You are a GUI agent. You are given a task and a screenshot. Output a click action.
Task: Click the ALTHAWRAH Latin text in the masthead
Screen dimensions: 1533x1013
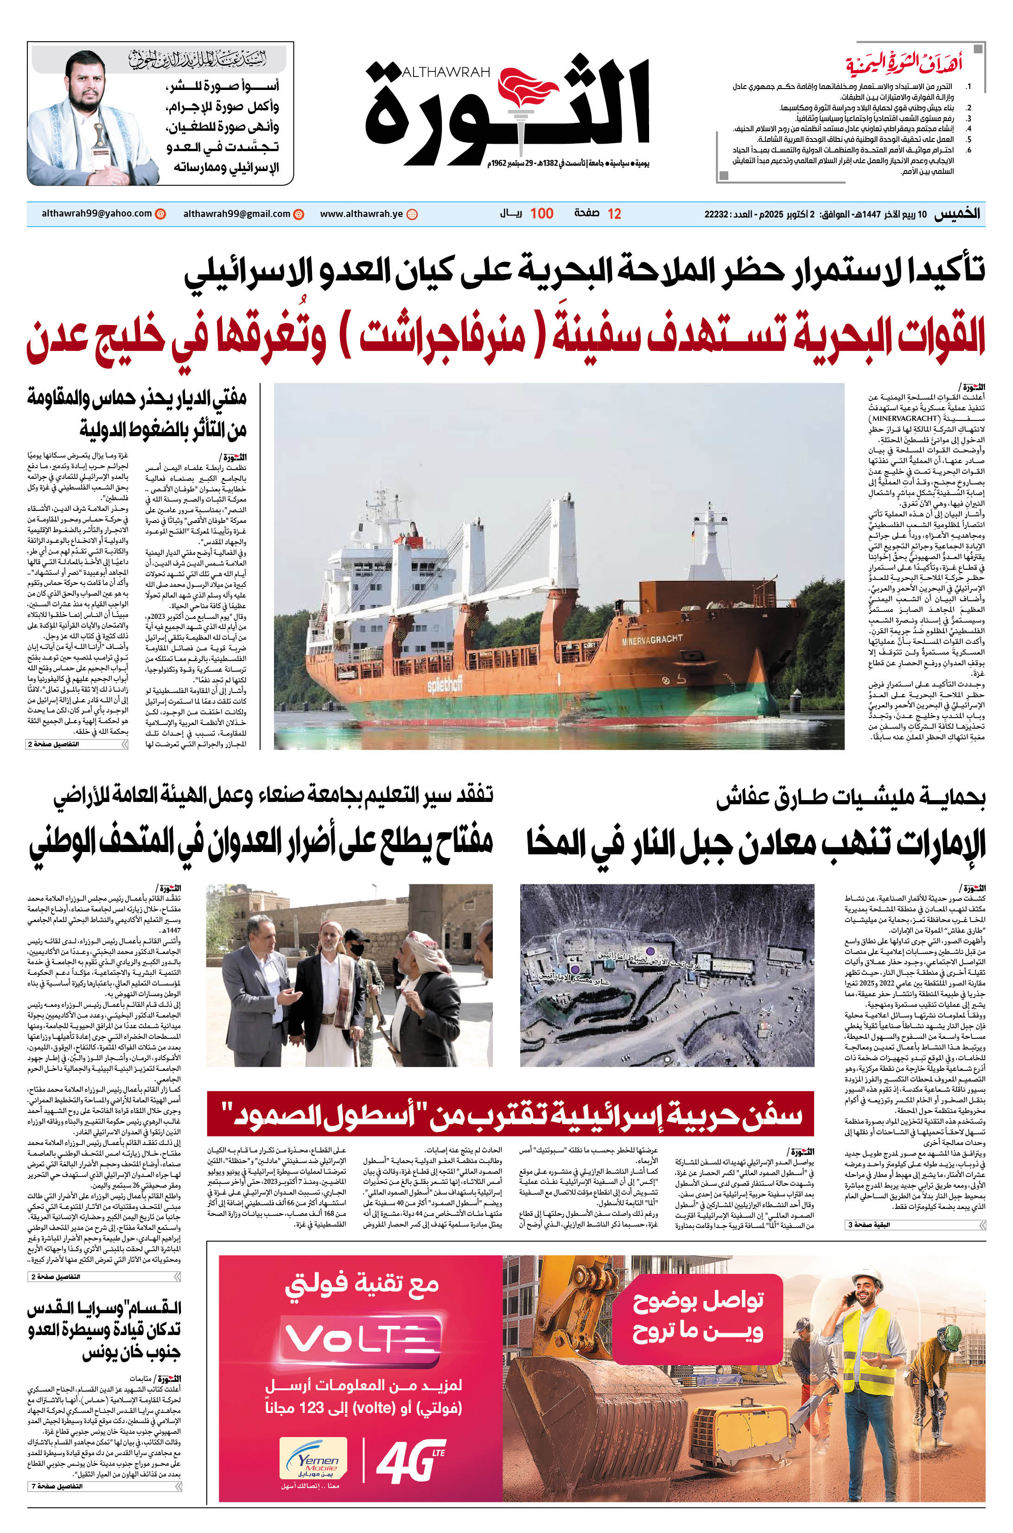click(x=446, y=72)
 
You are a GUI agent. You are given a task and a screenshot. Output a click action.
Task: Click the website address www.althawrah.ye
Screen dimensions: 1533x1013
click(x=362, y=214)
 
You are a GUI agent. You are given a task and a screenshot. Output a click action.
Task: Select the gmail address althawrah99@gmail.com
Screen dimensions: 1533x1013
click(x=236, y=214)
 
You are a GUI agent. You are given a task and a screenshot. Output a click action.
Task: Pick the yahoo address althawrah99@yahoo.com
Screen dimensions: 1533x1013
click(x=96, y=214)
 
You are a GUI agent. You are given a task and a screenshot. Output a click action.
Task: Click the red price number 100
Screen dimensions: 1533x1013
click(x=542, y=214)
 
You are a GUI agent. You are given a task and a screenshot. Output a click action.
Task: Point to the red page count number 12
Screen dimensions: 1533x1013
click(x=614, y=214)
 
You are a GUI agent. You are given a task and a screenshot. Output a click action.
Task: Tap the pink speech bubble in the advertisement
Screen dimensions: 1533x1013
click(x=698, y=1318)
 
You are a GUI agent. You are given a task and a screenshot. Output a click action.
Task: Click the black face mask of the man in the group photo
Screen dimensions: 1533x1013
click(x=355, y=950)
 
